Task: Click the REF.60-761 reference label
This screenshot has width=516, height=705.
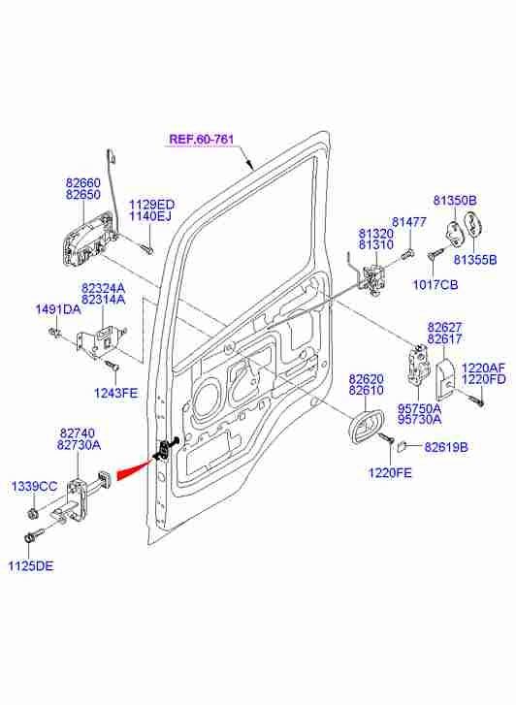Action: tap(202, 139)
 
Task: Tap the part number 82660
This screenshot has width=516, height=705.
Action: tap(83, 183)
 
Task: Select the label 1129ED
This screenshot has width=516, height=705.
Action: tap(151, 205)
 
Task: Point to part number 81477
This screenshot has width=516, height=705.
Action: tap(409, 222)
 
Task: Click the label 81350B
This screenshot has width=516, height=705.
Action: tap(455, 200)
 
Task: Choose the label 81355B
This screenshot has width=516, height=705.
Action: tap(474, 260)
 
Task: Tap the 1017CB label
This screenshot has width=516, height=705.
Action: tap(435, 284)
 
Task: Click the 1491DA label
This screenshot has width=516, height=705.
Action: tap(58, 309)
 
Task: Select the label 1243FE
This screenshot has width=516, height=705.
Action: tap(115, 393)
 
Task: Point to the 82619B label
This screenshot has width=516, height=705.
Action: tap(446, 447)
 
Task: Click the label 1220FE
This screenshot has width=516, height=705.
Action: tap(390, 473)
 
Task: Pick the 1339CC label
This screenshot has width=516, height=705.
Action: tap(34, 486)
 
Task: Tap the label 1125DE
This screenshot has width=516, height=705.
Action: tap(31, 565)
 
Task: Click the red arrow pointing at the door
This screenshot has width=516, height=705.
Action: tap(135, 468)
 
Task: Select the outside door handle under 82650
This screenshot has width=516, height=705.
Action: tap(87, 240)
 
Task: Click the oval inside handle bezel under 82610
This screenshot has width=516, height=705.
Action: tap(367, 427)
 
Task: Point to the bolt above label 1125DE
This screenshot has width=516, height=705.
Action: tap(35, 534)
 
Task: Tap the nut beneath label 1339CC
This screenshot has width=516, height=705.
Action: tap(32, 513)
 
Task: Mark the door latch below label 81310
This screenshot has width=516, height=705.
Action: tap(373, 279)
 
